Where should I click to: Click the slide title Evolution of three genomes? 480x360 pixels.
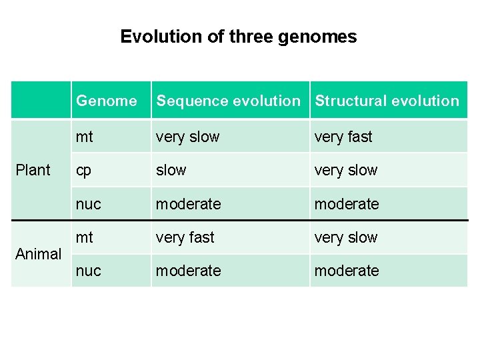pyautogui.click(x=238, y=37)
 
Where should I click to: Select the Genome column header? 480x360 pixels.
pyautogui.click(x=106, y=101)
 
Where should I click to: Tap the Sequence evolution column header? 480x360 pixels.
pyautogui.click(x=228, y=101)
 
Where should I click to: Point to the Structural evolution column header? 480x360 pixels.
pyautogui.click(x=387, y=101)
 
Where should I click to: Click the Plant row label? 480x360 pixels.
pyautogui.click(x=33, y=170)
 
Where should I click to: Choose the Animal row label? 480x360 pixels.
pyautogui.click(x=38, y=254)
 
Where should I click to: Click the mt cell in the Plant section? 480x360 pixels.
pyautogui.click(x=85, y=137)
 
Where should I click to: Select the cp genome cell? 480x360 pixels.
pyautogui.click(x=83, y=170)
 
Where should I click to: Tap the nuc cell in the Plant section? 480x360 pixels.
pyautogui.click(x=88, y=203)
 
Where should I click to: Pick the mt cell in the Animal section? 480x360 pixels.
pyautogui.click(x=85, y=237)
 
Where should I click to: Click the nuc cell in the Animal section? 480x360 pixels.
pyautogui.click(x=88, y=271)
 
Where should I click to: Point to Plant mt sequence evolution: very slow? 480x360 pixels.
pyautogui.click(x=187, y=137)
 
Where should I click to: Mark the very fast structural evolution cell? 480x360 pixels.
pyautogui.click(x=343, y=137)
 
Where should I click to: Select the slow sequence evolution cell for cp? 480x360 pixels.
pyautogui.click(x=171, y=170)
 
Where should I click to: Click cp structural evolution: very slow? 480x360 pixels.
pyautogui.click(x=346, y=170)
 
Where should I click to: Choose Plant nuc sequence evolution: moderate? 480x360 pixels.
pyautogui.click(x=188, y=203)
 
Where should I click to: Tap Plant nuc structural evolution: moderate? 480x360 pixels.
pyautogui.click(x=347, y=203)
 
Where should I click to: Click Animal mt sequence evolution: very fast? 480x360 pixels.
pyautogui.click(x=185, y=237)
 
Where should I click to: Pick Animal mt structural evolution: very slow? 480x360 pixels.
pyautogui.click(x=346, y=237)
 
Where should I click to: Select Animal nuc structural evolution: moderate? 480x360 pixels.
pyautogui.click(x=347, y=271)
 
